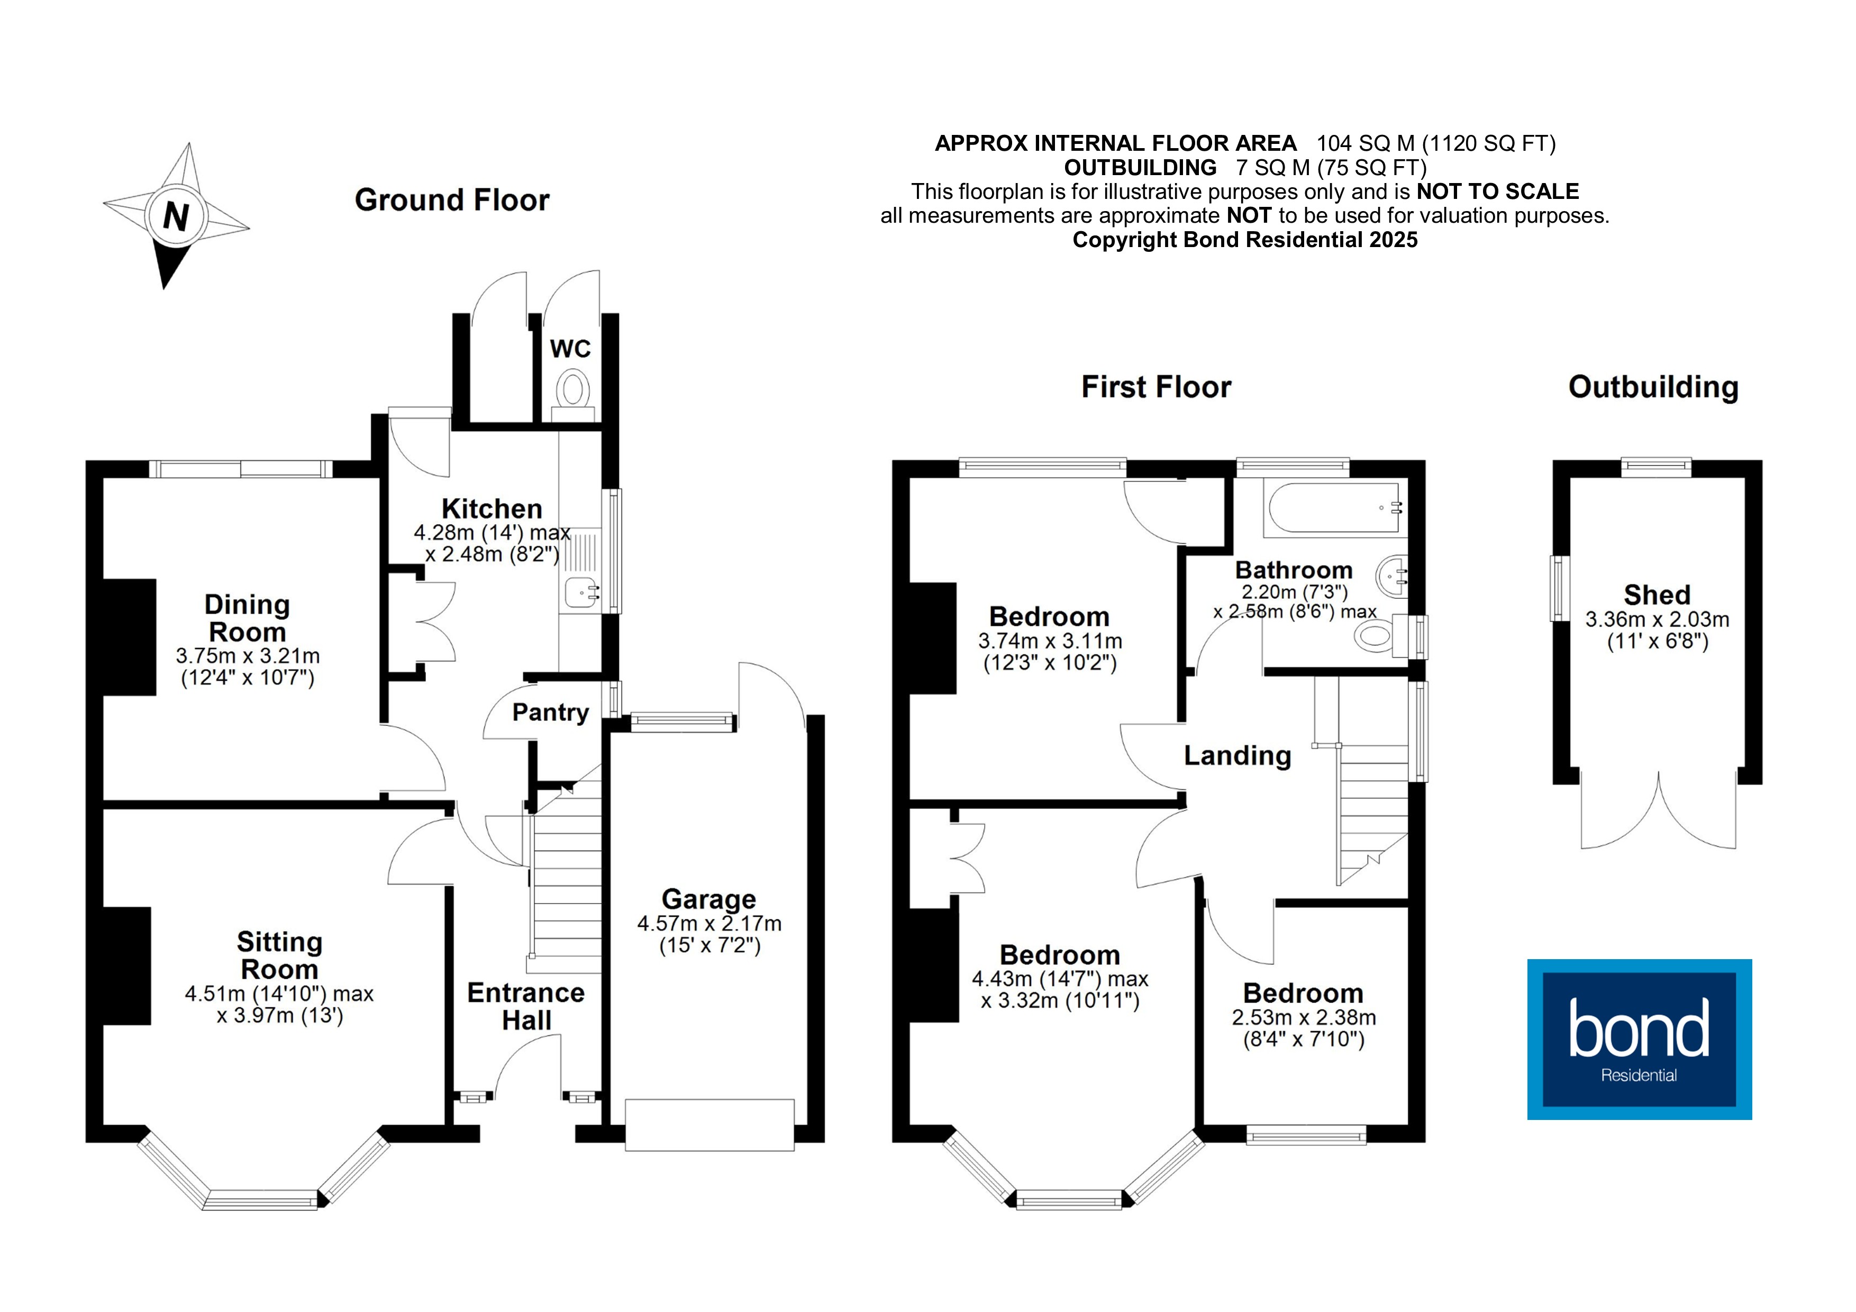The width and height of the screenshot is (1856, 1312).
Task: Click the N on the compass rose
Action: click(x=176, y=217)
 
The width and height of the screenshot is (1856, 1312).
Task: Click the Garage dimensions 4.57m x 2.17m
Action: click(x=709, y=923)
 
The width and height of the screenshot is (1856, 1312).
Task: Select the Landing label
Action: click(x=1237, y=756)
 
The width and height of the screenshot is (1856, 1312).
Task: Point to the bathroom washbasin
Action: click(x=1393, y=576)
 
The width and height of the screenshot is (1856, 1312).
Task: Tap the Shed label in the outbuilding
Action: click(x=1657, y=595)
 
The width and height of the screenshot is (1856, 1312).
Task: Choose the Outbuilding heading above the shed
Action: click(x=1653, y=387)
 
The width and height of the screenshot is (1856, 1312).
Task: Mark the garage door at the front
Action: click(x=709, y=1124)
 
